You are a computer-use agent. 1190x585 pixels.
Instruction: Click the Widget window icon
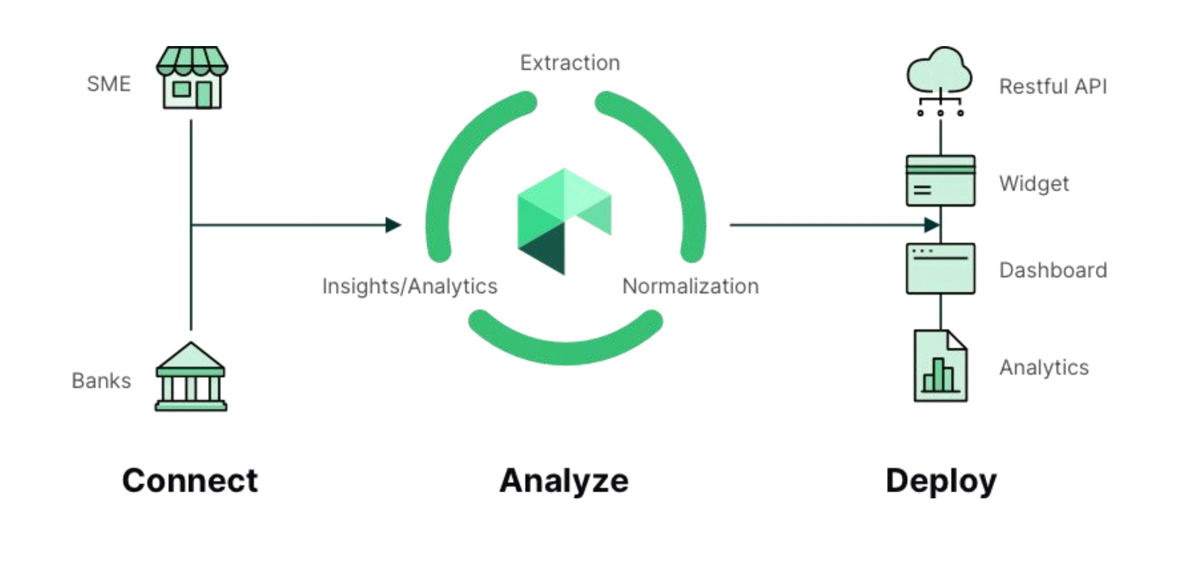coord(940,181)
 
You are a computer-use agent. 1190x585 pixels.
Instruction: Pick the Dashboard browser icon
coord(940,269)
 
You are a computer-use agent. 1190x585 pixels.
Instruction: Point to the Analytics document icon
coord(940,366)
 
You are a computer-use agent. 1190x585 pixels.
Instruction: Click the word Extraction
coord(570,63)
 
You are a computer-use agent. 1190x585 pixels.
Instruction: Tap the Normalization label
coord(690,286)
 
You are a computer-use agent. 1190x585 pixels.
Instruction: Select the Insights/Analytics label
coord(410,286)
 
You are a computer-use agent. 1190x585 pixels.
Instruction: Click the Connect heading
coord(190,481)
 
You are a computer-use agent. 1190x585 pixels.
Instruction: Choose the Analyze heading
coord(564,481)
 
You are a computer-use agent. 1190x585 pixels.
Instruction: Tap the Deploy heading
coord(941,481)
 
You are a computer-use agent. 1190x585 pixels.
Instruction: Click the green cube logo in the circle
coord(564,220)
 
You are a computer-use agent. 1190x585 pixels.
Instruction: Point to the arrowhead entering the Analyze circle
coord(394,225)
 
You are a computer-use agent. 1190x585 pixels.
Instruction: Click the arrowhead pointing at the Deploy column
coord(932,225)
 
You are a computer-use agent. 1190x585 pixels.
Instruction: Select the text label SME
coord(109,84)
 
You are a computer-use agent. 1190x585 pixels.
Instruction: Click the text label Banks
coord(101,381)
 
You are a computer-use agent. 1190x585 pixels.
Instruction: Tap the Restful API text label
coord(1053,87)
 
